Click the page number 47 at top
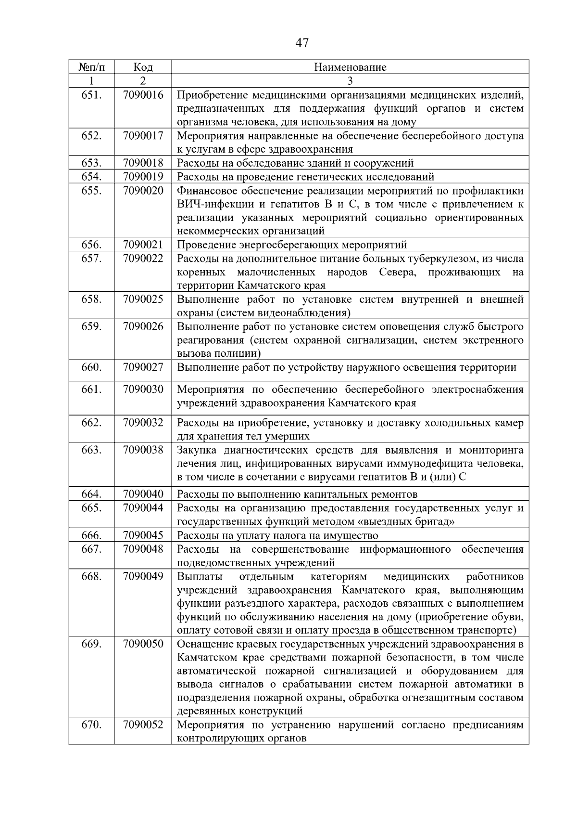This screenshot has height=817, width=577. (301, 43)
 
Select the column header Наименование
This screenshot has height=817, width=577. (350, 67)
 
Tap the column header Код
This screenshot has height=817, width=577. (143, 67)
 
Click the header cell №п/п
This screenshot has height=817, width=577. (91, 67)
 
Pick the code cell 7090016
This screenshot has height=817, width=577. (143, 95)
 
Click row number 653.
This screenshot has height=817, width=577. (91, 163)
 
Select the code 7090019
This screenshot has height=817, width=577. (143, 177)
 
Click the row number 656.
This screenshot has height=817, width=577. (91, 245)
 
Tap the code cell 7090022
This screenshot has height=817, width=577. (143, 259)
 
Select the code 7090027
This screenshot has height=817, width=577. (143, 368)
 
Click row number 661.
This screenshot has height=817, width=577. (91, 389)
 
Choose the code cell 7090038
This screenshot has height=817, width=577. (143, 450)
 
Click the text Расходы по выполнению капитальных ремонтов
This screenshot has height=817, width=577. (297, 494)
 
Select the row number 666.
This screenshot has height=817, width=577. (91, 535)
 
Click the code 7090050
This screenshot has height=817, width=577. (143, 644)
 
